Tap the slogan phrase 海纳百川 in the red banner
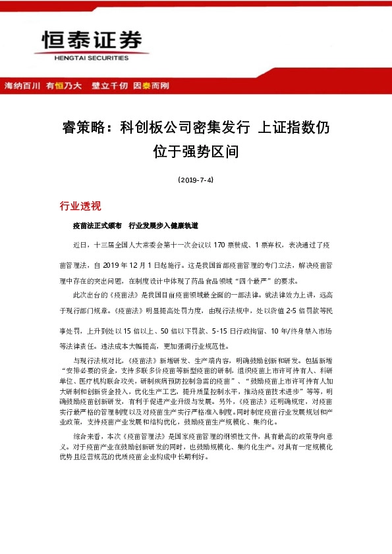click(x=23, y=86)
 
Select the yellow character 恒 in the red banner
click(x=59, y=86)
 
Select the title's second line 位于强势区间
click(x=195, y=153)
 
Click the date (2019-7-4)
click(x=196, y=179)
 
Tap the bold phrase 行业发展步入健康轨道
click(x=163, y=225)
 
